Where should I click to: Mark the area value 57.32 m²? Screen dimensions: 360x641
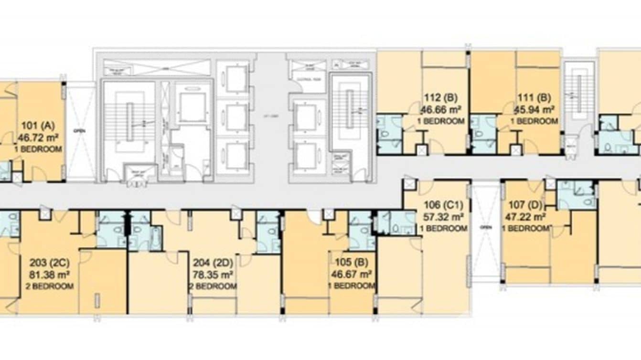pyautogui.click(x=444, y=217)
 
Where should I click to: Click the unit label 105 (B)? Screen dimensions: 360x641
pyautogui.click(x=351, y=263)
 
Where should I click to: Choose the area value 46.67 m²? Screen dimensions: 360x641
pyautogui.click(x=351, y=275)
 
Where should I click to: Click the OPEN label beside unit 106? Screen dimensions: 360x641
pyautogui.click(x=485, y=227)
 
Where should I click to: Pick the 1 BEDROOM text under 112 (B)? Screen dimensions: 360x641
pyautogui.click(x=442, y=121)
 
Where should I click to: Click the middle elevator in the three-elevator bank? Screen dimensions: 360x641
pyautogui.click(x=236, y=117)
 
